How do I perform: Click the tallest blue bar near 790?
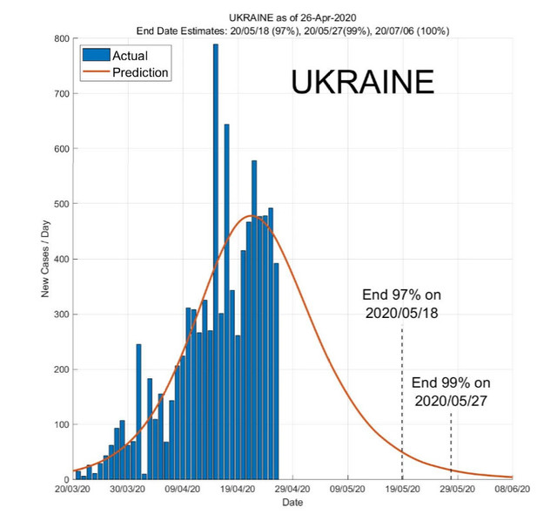click(x=216, y=261)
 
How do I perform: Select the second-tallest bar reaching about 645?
click(x=226, y=301)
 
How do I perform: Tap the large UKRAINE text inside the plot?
click(x=362, y=82)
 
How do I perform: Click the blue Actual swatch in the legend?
click(x=97, y=55)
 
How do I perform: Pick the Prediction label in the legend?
click(x=140, y=72)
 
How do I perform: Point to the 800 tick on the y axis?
click(x=62, y=38)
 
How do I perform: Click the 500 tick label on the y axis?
click(x=62, y=204)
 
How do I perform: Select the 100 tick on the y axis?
click(x=62, y=424)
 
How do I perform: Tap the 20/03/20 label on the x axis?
click(x=72, y=490)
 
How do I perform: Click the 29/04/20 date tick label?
click(x=292, y=490)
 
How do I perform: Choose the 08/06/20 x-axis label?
click(x=513, y=490)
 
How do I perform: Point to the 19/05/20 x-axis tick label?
click(x=402, y=490)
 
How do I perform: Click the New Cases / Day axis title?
click(x=45, y=259)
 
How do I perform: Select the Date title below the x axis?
click(x=292, y=503)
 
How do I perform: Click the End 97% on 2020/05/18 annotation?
click(x=402, y=304)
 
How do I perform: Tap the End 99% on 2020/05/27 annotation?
click(x=451, y=392)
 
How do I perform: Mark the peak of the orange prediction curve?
click(x=251, y=216)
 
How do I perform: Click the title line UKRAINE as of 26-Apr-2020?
click(x=292, y=17)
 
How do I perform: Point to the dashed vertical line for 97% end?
click(x=402, y=403)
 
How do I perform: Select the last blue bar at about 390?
click(x=276, y=371)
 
